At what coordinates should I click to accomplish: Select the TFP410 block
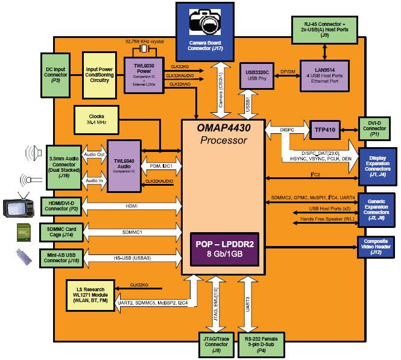(x=326, y=128)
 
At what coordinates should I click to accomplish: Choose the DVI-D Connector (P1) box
(x=378, y=128)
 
